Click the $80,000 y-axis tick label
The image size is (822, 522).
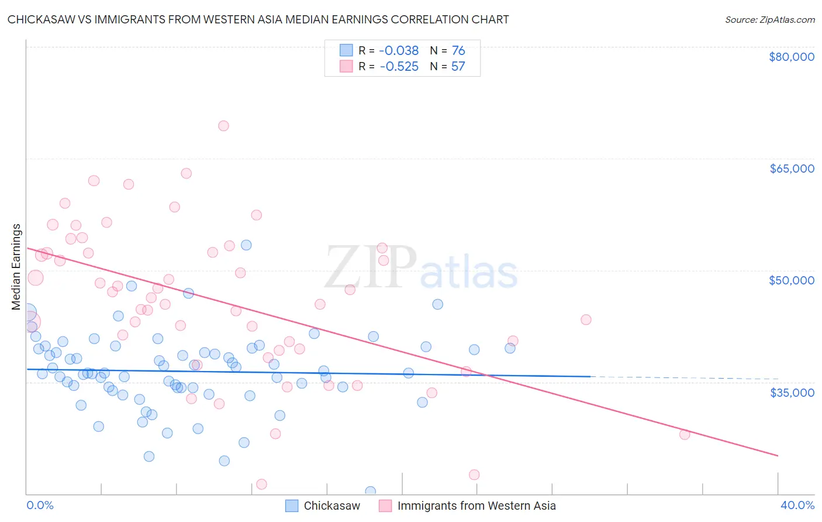pyautogui.click(x=792, y=57)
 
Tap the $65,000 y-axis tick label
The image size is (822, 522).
pyautogui.click(x=792, y=169)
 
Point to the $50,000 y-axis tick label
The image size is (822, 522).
pyautogui.click(x=792, y=280)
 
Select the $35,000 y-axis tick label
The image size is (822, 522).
pyautogui.click(x=792, y=392)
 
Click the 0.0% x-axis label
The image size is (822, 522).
pyautogui.click(x=40, y=505)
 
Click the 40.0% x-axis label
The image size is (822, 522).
pyautogui.click(x=797, y=505)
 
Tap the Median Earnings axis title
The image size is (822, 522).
pyautogui.click(x=16, y=267)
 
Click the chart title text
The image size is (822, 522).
pyautogui.click(x=258, y=19)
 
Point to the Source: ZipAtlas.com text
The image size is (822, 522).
pyautogui.click(x=769, y=19)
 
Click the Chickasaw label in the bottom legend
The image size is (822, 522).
pyautogui.click(x=331, y=506)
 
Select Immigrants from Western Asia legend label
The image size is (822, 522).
pyautogui.click(x=476, y=506)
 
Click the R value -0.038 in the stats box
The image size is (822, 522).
pyautogui.click(x=399, y=50)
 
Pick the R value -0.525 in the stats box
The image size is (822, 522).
pyautogui.click(x=399, y=66)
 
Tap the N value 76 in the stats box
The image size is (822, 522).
pyautogui.click(x=458, y=50)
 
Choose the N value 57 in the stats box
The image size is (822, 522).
pyautogui.click(x=458, y=66)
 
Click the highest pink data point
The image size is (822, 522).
pyautogui.click(x=223, y=126)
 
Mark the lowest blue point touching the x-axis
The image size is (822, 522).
pyautogui.click(x=370, y=492)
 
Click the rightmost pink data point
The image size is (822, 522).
pyautogui.click(x=685, y=434)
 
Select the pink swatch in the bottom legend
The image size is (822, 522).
pyautogui.click(x=385, y=506)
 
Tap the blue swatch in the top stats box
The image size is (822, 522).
pyautogui.click(x=346, y=50)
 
